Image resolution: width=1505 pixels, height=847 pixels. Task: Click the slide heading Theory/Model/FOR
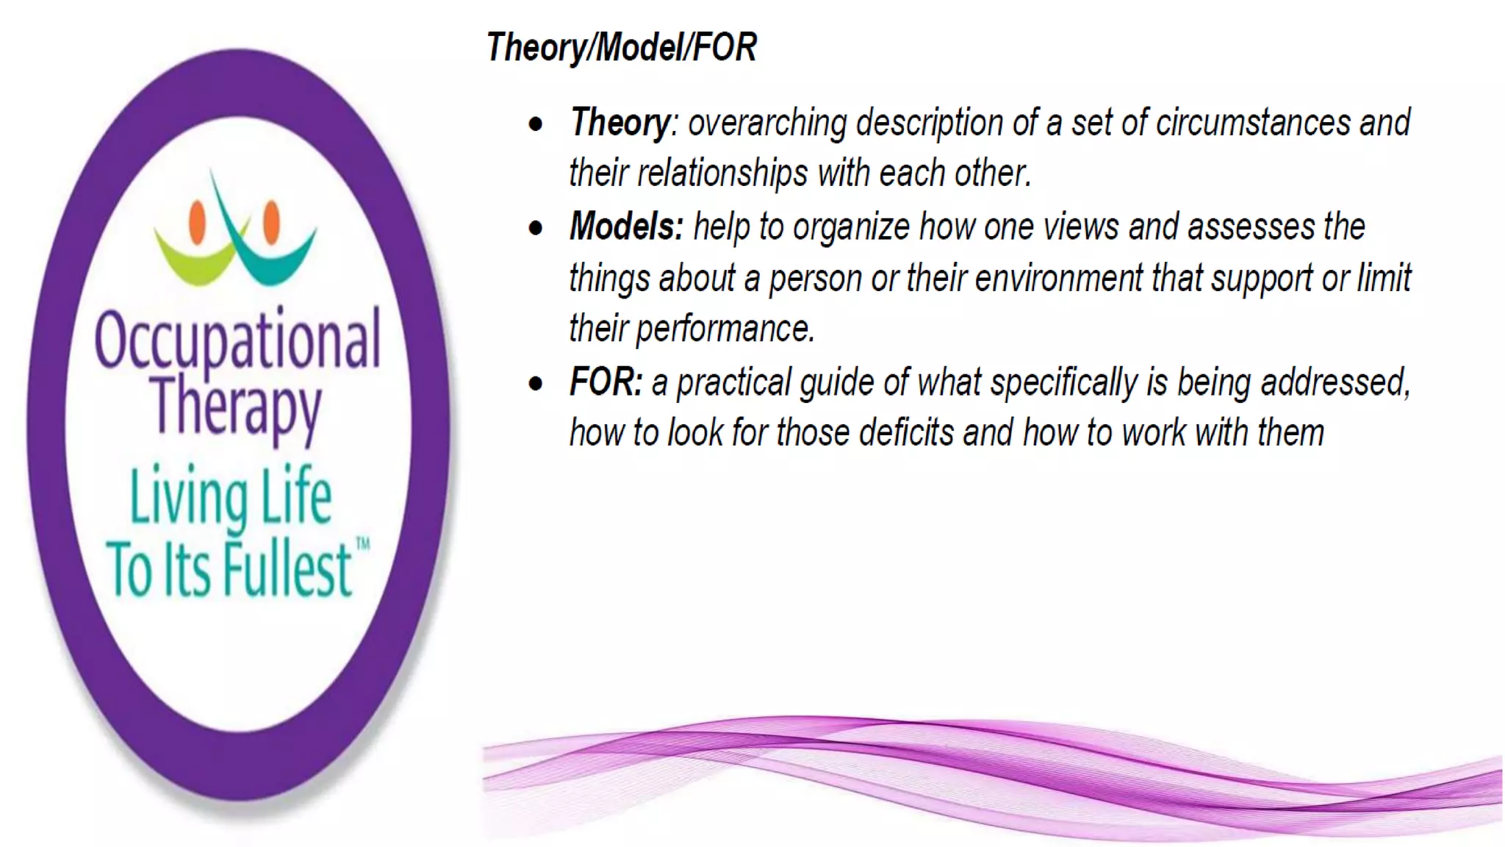pyautogui.click(x=621, y=48)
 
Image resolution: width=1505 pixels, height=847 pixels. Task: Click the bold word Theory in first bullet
pyautogui.click(x=620, y=122)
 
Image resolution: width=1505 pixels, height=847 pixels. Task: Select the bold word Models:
pyautogui.click(x=626, y=226)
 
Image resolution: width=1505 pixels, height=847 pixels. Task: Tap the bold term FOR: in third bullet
pyautogui.click(x=606, y=382)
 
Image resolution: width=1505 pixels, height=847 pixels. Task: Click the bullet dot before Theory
pyautogui.click(x=536, y=124)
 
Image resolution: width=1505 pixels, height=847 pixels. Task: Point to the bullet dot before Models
pyautogui.click(x=536, y=228)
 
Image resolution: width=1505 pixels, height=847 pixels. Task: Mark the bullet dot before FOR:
pyautogui.click(x=536, y=384)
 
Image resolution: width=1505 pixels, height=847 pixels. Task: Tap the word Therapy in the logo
pyautogui.click(x=236, y=407)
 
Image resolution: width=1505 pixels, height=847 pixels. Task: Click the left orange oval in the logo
pyautogui.click(x=197, y=221)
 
